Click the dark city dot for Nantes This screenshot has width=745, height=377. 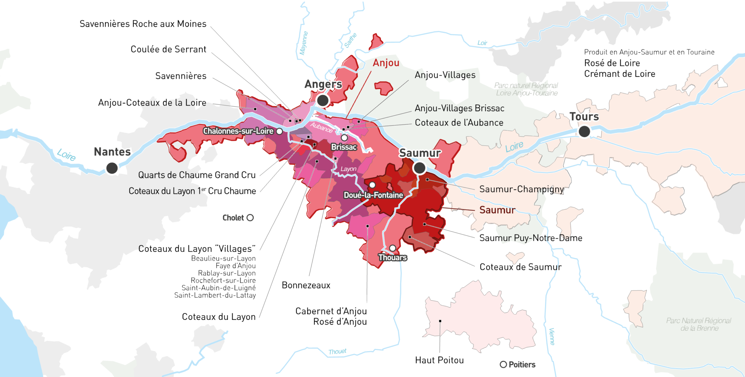112,168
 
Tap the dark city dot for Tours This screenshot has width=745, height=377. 584,131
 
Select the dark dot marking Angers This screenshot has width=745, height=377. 323,100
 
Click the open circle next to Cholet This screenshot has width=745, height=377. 250,218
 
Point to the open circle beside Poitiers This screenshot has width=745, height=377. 503,364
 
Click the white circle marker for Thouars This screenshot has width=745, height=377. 393,248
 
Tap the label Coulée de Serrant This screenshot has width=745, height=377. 168,49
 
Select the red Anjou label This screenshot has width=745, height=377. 386,63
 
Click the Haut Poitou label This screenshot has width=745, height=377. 439,360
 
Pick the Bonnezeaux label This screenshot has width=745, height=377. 306,285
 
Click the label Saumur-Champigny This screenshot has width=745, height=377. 521,189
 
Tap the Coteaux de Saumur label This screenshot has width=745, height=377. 520,267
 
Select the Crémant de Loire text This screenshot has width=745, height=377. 619,74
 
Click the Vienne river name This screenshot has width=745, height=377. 551,336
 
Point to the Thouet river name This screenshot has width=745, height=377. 337,352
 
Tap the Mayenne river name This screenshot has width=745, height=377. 303,43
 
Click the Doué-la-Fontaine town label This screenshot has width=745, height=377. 373,195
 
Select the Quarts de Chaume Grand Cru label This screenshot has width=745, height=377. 197,175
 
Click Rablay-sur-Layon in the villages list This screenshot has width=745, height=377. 227,273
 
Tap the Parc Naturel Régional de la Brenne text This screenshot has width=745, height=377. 698,324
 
